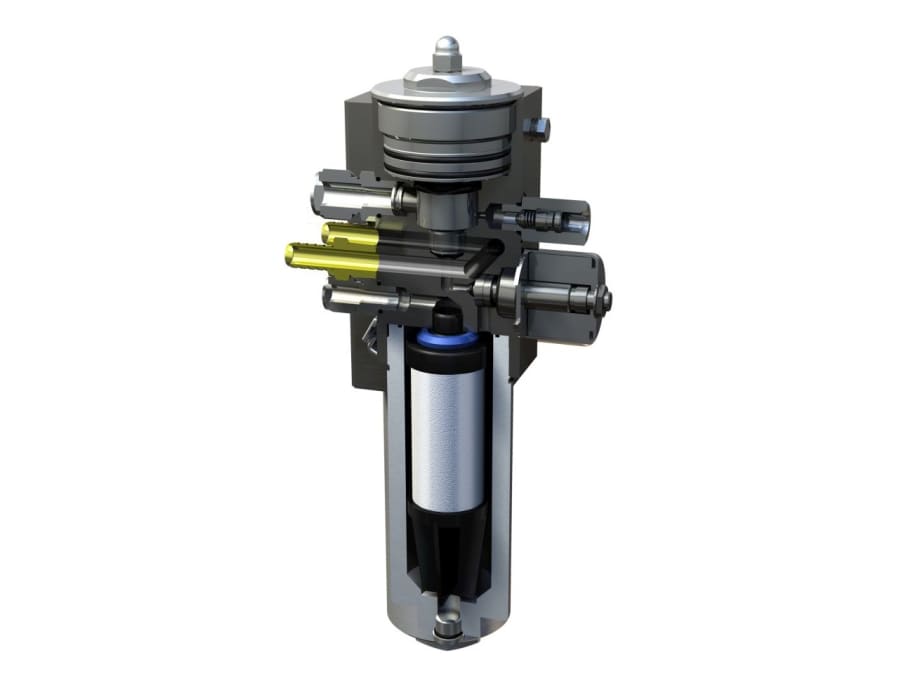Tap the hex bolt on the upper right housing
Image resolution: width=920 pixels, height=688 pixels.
point(540,127)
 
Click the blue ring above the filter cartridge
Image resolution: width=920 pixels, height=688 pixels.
point(447,341)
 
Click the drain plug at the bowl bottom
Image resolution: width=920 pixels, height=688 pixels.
point(447,627)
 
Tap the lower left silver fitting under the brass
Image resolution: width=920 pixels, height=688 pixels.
point(350,296)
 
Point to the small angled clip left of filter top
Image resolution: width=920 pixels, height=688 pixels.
point(372,335)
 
